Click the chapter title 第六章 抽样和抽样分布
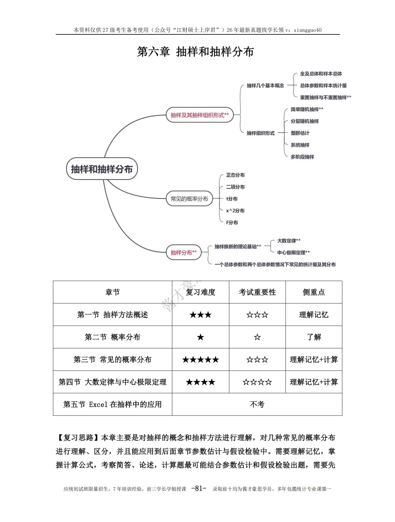pyautogui.click(x=195, y=52)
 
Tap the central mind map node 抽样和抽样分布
pyautogui.click(x=102, y=169)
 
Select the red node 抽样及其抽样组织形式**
pyautogui.click(x=199, y=115)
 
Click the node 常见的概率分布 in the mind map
pyautogui.click(x=189, y=199)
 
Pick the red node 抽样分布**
pyautogui.click(x=183, y=252)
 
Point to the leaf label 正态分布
pyautogui.click(x=235, y=175)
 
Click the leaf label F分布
pyautogui.click(x=232, y=222)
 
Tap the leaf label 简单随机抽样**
pyautogui.click(x=306, y=109)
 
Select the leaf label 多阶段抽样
pyautogui.click(x=302, y=157)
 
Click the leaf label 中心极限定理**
pyautogui.click(x=293, y=252)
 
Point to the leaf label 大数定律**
pyautogui.click(x=289, y=241)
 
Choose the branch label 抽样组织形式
pyautogui.click(x=260, y=133)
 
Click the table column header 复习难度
pyautogui.click(x=200, y=292)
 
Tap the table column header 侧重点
pyautogui.click(x=313, y=292)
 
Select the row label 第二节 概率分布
pyautogui.click(x=112, y=337)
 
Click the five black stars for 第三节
pyautogui.click(x=200, y=359)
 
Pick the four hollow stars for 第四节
pyautogui.click(x=257, y=382)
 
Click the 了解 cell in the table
pyautogui.click(x=313, y=337)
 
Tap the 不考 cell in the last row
pyautogui.click(x=257, y=404)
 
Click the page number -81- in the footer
pyautogui.click(x=199, y=488)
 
